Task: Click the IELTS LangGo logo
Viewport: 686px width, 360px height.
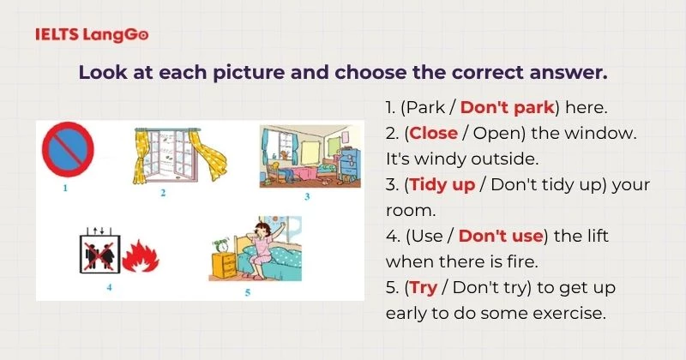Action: tap(92, 34)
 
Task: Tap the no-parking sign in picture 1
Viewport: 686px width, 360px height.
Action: tap(68, 149)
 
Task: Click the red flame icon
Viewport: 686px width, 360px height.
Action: tap(141, 256)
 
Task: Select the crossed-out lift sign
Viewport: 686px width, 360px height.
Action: tap(100, 253)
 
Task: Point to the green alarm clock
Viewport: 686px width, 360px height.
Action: tap(221, 245)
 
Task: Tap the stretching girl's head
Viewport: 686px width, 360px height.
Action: tap(263, 230)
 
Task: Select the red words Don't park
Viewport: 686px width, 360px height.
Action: tap(508, 107)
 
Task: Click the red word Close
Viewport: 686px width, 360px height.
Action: tap(434, 133)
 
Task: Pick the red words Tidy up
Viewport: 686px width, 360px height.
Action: tap(442, 185)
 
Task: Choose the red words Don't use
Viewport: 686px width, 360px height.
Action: tap(501, 237)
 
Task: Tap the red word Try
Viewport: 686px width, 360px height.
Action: tap(424, 288)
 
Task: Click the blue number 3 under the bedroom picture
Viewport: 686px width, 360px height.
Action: tap(307, 196)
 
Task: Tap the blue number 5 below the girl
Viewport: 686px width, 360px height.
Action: tap(248, 292)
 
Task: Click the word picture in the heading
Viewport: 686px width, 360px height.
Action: tap(248, 73)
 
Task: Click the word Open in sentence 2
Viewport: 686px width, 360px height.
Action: tap(496, 134)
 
